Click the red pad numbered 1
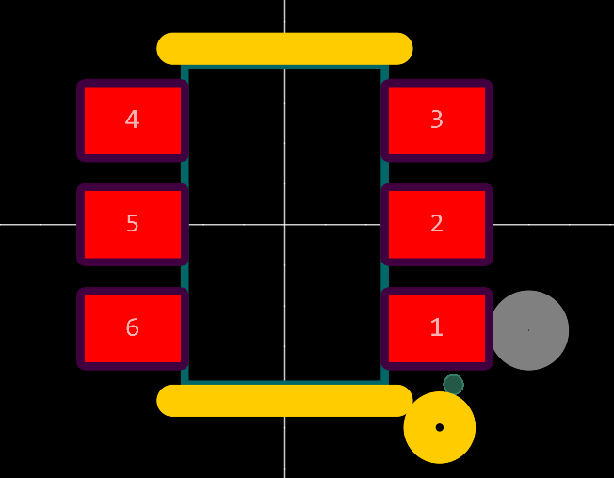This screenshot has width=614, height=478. (437, 328)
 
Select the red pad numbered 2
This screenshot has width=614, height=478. (437, 224)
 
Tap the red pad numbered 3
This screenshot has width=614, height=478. (437, 119)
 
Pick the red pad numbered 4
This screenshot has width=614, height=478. (132, 119)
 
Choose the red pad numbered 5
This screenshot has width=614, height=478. (132, 224)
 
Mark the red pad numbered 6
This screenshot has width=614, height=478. (132, 328)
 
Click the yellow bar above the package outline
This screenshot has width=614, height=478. (284, 48)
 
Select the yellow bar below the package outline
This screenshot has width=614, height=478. (284, 400)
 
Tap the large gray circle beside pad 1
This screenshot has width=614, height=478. (529, 330)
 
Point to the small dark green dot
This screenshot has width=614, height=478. (453, 384)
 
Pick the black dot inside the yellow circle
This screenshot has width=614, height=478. (440, 427)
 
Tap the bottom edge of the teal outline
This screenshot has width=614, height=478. (284, 381)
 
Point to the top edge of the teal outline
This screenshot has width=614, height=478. (284, 67)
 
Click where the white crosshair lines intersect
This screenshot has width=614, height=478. (285, 224)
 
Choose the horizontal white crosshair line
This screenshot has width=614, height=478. (38, 224)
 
